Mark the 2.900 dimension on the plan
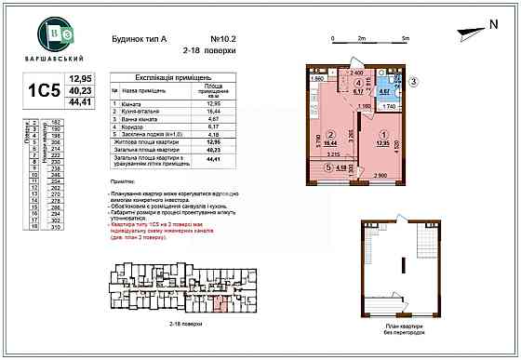point(380,175)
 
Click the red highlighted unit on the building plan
point(220,300)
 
